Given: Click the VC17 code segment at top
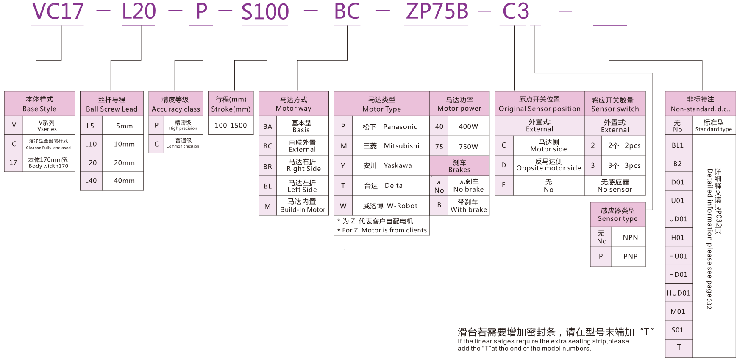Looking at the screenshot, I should click(x=58, y=12).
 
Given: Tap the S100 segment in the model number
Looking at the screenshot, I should click(x=265, y=12).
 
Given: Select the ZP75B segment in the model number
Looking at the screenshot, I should click(x=437, y=12).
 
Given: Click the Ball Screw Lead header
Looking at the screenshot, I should click(x=112, y=104).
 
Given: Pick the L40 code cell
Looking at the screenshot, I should click(x=91, y=181).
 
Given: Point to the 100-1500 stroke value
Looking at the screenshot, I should click(x=231, y=126).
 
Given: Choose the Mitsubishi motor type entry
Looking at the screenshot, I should click(x=391, y=146).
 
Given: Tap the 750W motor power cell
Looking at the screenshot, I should click(x=468, y=147).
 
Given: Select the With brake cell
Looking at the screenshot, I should click(x=468, y=206).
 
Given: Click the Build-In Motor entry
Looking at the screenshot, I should click(x=302, y=206).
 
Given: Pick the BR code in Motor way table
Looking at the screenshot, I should click(x=267, y=167).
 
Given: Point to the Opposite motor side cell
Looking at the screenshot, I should click(x=548, y=165).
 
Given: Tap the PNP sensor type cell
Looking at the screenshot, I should click(x=630, y=256).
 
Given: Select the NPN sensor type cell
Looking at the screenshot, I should click(x=630, y=237).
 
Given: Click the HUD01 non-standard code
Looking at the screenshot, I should click(x=679, y=293).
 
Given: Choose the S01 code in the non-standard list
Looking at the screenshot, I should click(x=678, y=330).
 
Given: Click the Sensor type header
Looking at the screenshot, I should click(x=617, y=215).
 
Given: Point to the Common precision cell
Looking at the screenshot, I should click(x=183, y=143).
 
